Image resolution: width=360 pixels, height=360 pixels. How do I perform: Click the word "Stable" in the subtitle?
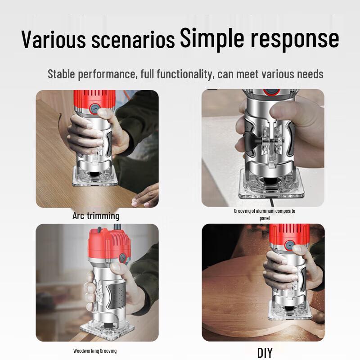[x=61, y=74]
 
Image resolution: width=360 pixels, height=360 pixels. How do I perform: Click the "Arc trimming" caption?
[x=96, y=216]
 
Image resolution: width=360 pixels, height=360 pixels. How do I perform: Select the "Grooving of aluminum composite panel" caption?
[x=265, y=214]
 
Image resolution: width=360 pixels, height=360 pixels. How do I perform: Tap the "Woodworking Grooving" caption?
[x=95, y=351]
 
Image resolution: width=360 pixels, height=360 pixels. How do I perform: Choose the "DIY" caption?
[x=265, y=353]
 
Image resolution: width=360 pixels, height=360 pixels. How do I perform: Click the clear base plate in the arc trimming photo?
[x=95, y=177]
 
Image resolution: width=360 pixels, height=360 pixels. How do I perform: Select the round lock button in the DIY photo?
[x=289, y=246]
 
